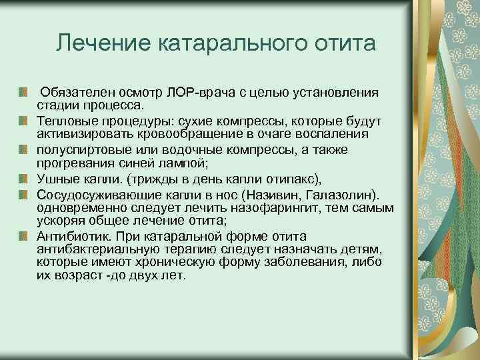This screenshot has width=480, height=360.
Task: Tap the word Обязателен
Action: [75, 93]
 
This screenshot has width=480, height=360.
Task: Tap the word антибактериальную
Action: [97, 249]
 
